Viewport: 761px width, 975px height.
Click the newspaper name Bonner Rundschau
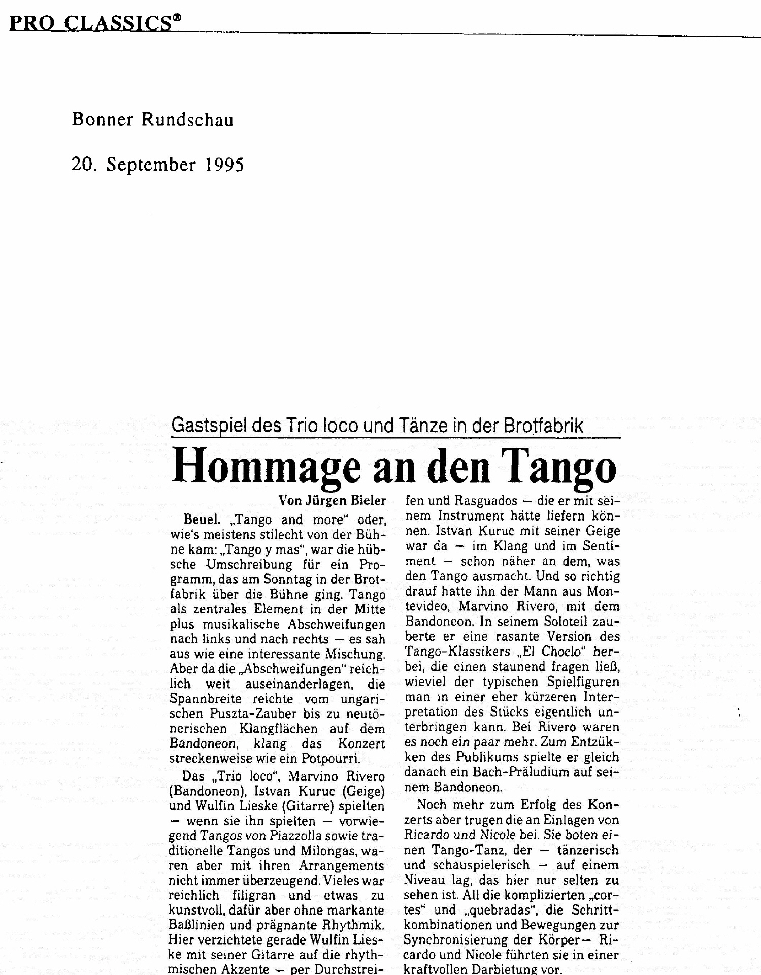tap(152, 120)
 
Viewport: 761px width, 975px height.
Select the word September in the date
tap(151, 165)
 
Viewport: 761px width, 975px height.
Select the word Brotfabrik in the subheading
tap(543, 426)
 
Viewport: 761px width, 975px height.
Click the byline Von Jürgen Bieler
tap(332, 501)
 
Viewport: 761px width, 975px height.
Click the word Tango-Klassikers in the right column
tap(457, 652)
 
